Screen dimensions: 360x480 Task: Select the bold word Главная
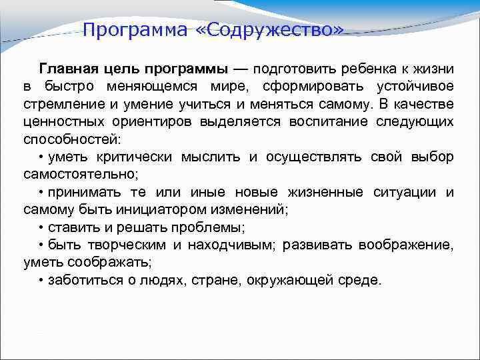click(67, 69)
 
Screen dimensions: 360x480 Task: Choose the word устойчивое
click(415, 87)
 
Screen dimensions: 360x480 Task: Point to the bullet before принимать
click(41, 193)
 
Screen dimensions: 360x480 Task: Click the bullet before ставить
click(41, 227)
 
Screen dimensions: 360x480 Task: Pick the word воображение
click(406, 245)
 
